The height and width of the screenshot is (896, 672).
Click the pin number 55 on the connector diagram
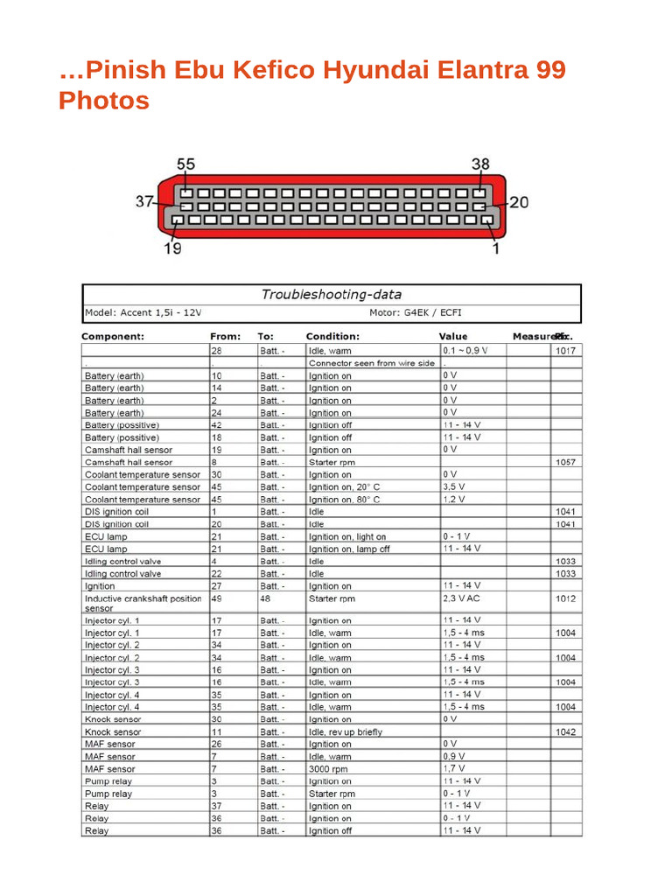coord(186,164)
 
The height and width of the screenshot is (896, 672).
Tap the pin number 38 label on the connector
coord(480,164)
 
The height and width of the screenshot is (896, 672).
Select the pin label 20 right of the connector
coord(519,203)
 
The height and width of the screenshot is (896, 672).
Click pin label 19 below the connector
coord(172,249)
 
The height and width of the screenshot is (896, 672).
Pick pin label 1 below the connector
coord(496,249)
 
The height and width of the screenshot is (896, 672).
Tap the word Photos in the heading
coord(103,101)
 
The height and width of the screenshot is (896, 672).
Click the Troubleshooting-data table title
coord(332,294)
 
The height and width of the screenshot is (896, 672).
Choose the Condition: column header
coord(332,336)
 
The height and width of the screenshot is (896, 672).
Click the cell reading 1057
coord(565,462)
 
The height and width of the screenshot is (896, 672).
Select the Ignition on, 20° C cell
coord(345,486)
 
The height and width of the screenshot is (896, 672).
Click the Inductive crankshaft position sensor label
coord(143,603)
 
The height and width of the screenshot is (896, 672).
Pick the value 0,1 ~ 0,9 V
coord(465,350)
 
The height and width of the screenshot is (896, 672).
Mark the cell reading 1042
coord(565,731)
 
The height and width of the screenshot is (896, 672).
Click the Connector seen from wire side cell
coord(371,363)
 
